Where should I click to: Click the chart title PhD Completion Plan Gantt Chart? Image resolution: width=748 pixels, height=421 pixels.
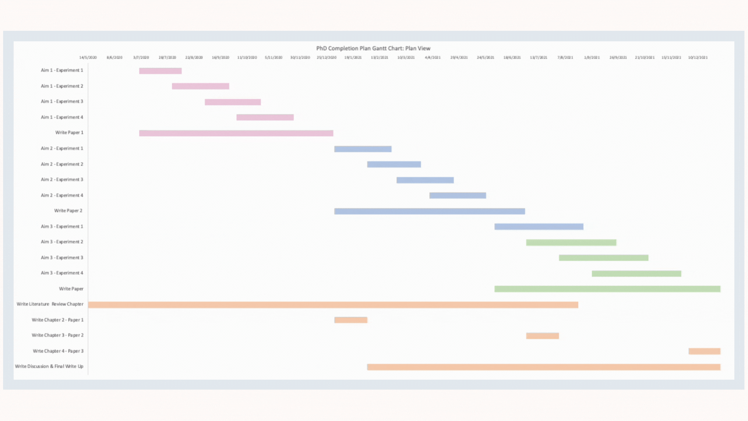[x=373, y=48]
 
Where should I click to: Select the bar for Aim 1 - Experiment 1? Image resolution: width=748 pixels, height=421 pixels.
[x=160, y=71]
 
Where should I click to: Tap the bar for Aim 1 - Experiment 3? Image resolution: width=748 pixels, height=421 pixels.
[x=233, y=102]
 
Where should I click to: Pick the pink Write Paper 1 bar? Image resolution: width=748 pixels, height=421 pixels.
[x=236, y=133]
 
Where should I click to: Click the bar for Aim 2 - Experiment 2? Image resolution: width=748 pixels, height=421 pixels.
[x=394, y=165]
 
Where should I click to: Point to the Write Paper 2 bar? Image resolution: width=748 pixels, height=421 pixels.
[x=429, y=211]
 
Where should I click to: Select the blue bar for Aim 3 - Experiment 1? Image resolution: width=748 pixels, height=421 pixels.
[x=539, y=227]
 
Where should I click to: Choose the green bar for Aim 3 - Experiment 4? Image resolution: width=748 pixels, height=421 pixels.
[x=636, y=274]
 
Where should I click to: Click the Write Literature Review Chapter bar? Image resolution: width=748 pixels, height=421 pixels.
[x=333, y=305]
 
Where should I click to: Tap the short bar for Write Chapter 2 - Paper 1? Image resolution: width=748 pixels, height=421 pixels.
[x=351, y=320]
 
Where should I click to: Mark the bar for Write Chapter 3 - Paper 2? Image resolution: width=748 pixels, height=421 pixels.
[x=542, y=336]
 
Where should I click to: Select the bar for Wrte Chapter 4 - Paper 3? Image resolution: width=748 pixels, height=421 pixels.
[x=704, y=351]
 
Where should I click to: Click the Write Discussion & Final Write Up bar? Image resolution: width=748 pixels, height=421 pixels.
[x=543, y=367]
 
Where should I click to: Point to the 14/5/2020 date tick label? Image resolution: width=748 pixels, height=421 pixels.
[x=88, y=58]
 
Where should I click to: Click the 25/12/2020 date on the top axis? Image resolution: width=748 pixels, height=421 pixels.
[x=326, y=58]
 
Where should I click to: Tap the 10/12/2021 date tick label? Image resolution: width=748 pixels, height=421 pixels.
[x=698, y=58]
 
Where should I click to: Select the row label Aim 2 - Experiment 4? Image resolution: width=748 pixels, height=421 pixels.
[x=62, y=195]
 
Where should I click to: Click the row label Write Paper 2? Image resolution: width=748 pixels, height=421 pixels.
[x=68, y=211]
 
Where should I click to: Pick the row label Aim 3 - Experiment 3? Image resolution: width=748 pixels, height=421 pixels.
[x=62, y=258]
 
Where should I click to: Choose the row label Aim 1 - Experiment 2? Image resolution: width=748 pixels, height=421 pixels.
[x=62, y=86]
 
